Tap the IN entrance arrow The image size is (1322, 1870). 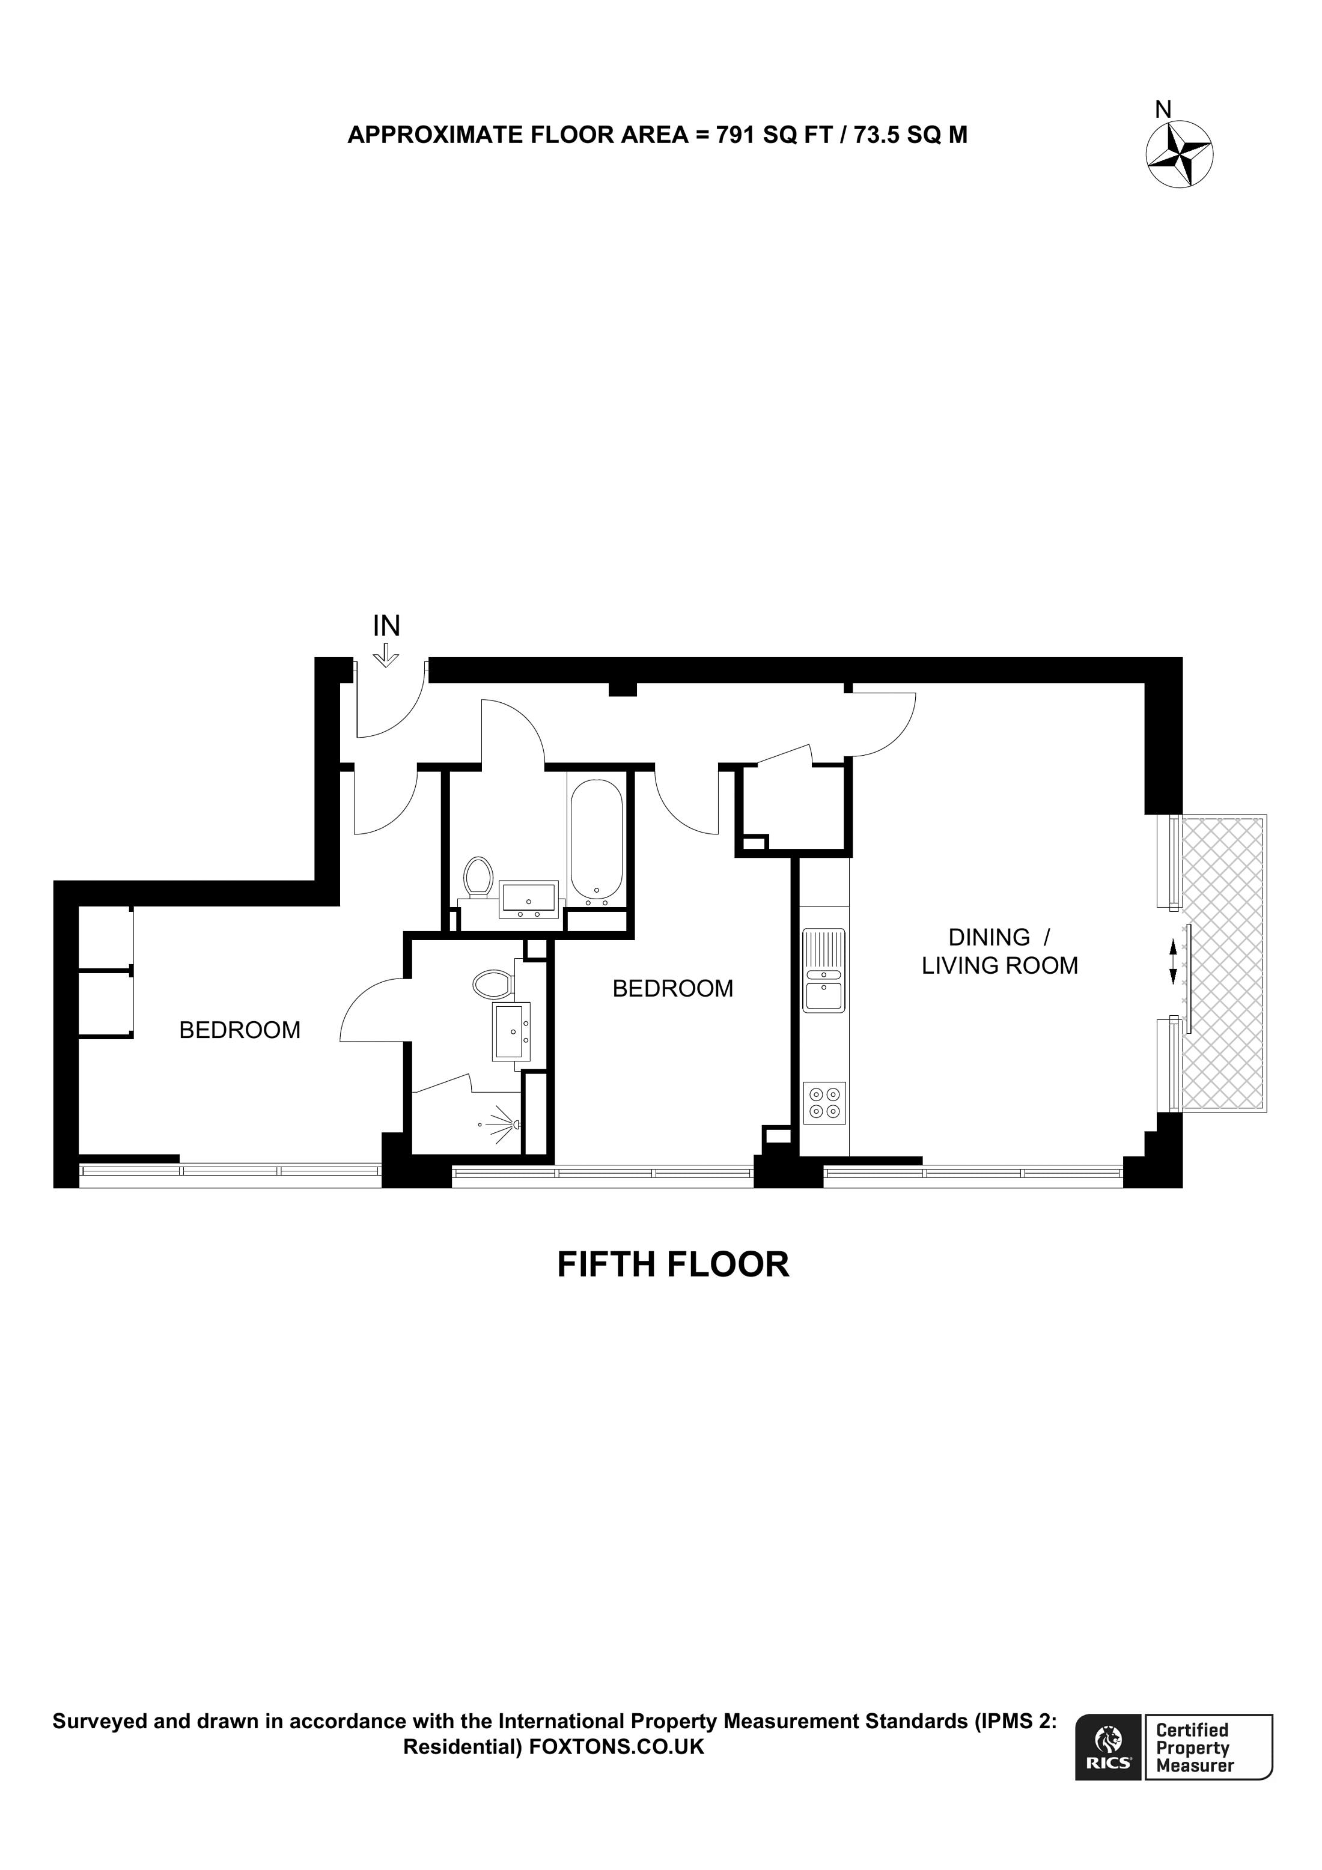point(386,655)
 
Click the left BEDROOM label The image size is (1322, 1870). point(240,1030)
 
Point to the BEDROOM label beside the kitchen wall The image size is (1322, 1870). point(673,988)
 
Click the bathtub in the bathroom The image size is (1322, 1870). point(596,839)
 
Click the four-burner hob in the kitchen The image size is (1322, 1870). point(824,1103)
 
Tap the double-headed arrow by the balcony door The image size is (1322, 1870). point(1173,961)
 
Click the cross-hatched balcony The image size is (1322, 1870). point(1224,961)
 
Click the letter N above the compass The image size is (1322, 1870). point(1164,109)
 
